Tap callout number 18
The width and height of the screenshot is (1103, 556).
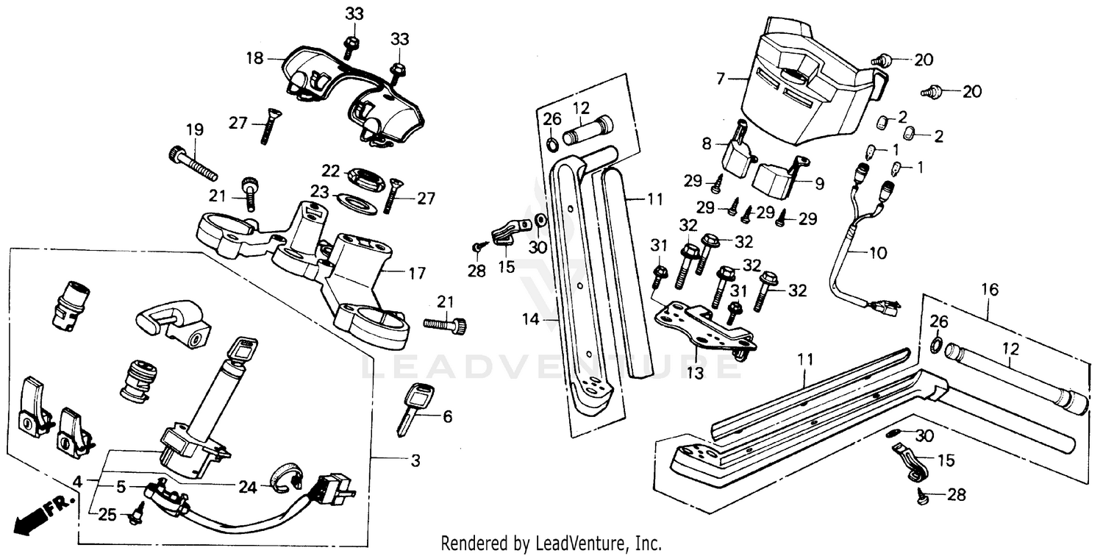[254, 58]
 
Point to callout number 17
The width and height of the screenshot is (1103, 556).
[417, 274]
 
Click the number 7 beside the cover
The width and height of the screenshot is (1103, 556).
[721, 76]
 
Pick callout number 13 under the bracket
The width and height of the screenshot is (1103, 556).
[695, 373]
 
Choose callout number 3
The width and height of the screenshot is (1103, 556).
[415, 461]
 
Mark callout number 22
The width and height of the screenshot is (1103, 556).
[331, 171]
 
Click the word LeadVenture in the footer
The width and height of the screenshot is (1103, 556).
[575, 543]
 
